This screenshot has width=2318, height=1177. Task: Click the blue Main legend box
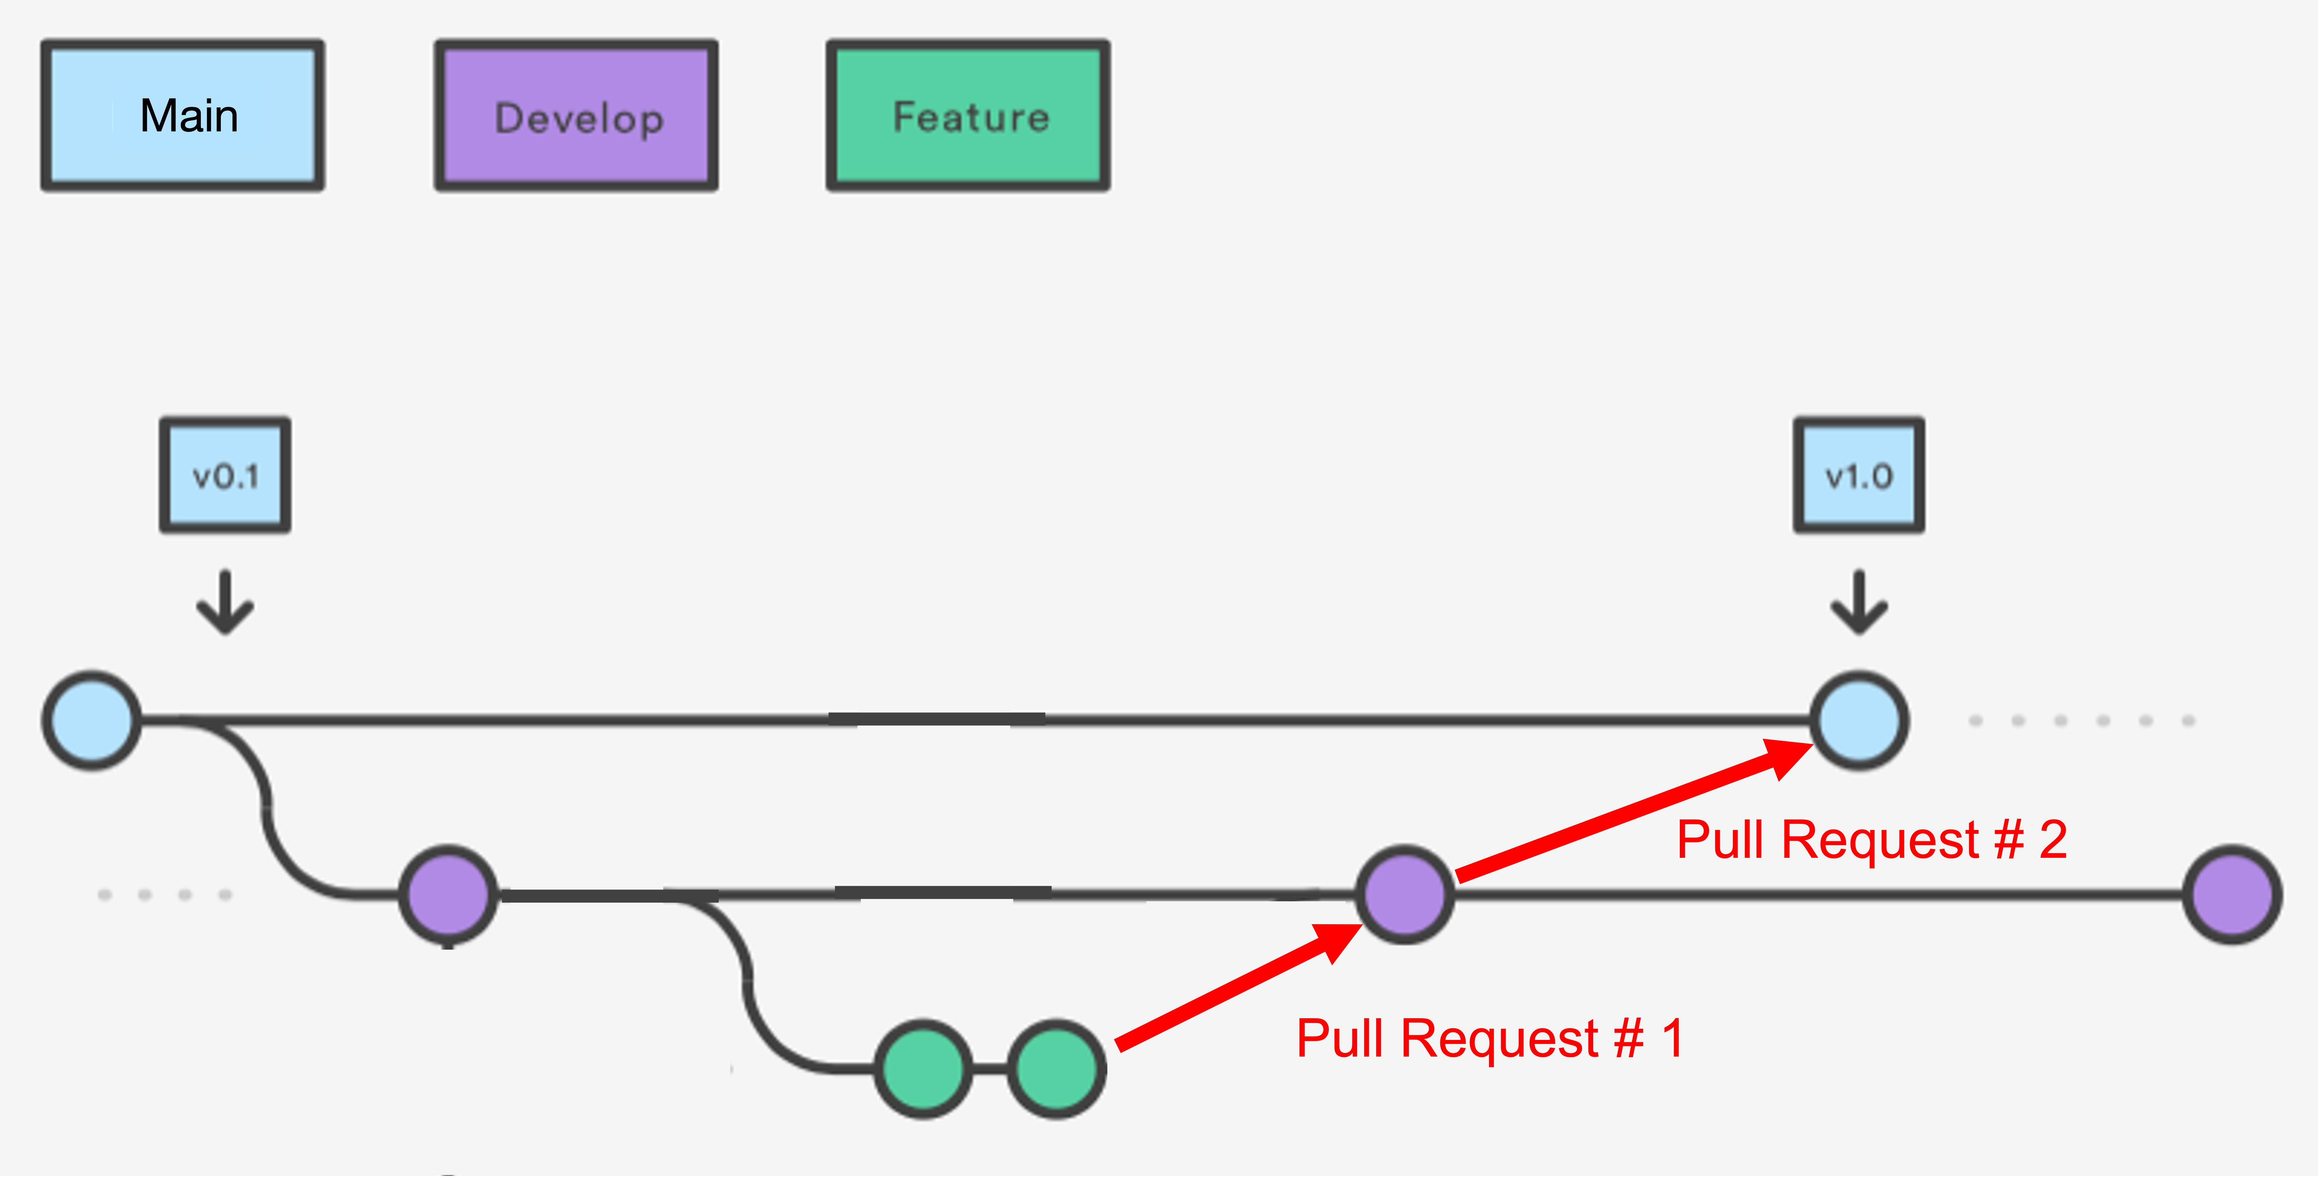(183, 115)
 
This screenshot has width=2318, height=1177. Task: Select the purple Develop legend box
(576, 115)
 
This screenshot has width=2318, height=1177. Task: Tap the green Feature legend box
(968, 115)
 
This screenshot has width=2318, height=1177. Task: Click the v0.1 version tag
(225, 475)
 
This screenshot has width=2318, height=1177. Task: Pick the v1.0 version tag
(1859, 475)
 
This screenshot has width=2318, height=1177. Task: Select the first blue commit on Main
(92, 720)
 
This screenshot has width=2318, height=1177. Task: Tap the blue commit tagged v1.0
(1859, 720)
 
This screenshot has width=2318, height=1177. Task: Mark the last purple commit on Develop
(2232, 895)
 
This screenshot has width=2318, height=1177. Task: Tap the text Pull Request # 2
(1872, 840)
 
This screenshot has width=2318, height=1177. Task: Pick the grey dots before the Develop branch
(165, 895)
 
